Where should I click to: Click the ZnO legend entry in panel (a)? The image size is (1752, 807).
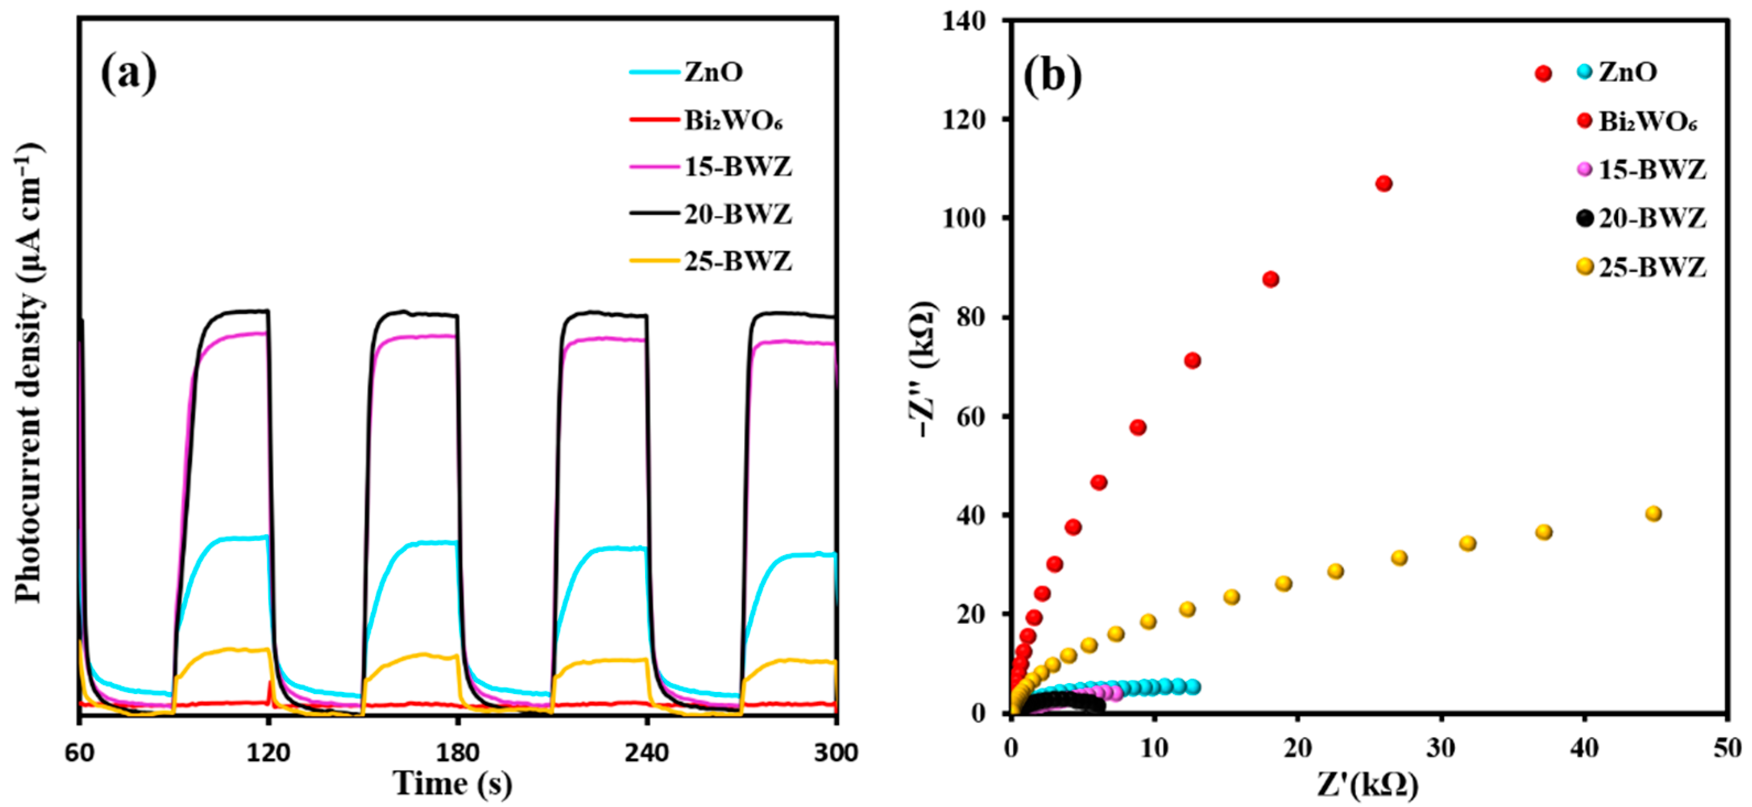pos(713,72)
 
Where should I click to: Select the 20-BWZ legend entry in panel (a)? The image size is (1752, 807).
pos(737,214)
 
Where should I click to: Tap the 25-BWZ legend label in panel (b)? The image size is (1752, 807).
pos(1653,267)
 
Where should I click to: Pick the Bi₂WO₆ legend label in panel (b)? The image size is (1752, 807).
pos(1647,122)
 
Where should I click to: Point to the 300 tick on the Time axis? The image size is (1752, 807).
pos(836,752)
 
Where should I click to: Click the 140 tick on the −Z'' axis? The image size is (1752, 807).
pos(964,21)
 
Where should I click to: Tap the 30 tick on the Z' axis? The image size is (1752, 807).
pos(1441,748)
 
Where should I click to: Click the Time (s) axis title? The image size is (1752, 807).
pos(452,783)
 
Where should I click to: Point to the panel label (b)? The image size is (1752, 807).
pos(1052,76)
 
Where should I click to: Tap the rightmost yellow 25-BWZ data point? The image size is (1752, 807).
pos(1653,514)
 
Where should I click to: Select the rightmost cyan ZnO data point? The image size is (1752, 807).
pos(1193,687)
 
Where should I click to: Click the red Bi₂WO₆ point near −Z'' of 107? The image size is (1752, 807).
pos(1383,183)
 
